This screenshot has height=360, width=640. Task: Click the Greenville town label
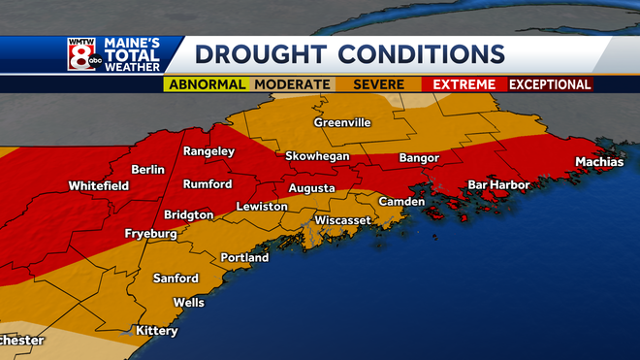pos(342,123)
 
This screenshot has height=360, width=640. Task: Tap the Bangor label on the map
pos(419,157)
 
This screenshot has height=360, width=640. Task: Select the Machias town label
pos(598,162)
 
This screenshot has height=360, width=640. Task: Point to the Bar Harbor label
pos(497,183)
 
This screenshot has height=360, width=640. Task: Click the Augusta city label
pos(311,188)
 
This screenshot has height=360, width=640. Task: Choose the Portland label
pos(244,258)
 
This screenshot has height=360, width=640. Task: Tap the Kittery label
pos(156,331)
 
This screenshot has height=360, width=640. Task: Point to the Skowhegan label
pos(316,156)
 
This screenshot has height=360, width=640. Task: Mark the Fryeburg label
pos(153,235)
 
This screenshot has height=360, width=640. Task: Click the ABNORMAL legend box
pos(207,84)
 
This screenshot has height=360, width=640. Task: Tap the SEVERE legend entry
pos(377,84)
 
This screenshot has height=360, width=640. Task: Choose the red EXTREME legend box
pos(464,84)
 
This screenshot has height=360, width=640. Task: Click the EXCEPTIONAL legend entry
pos(550,84)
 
